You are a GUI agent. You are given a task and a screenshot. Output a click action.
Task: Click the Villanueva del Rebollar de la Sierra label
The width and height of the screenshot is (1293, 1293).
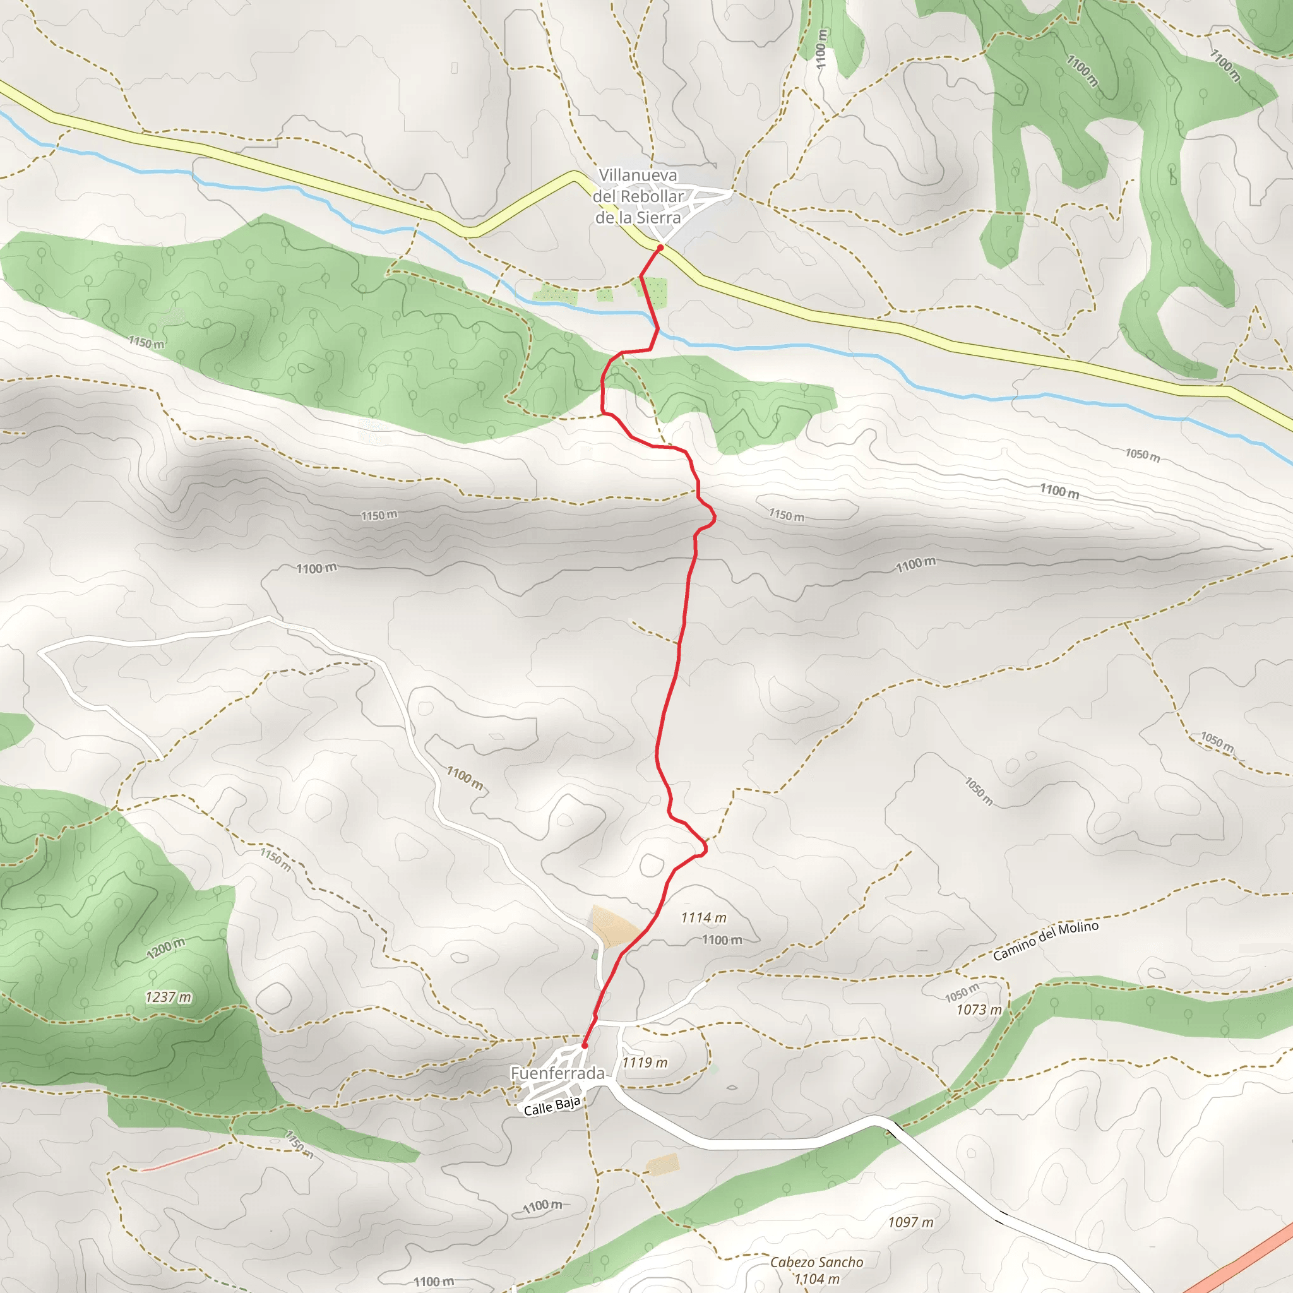638,196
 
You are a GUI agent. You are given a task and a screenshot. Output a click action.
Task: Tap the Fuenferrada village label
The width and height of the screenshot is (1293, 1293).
557,1073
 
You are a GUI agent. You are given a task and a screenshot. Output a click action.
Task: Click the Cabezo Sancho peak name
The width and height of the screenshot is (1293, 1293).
816,1262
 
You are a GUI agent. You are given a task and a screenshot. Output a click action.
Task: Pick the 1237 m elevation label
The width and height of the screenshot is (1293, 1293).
168,997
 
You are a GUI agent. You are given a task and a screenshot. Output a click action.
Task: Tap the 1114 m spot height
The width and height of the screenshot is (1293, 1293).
703,917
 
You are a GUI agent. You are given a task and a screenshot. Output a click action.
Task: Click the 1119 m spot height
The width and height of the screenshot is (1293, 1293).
645,1062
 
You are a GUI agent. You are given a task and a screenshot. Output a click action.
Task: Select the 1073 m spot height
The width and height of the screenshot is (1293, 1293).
979,1010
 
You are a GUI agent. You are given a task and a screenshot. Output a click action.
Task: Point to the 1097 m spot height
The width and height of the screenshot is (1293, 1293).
910,1222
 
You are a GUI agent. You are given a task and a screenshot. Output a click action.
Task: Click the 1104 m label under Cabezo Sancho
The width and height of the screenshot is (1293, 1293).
816,1279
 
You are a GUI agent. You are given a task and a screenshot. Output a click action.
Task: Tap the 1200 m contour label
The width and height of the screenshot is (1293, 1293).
165,948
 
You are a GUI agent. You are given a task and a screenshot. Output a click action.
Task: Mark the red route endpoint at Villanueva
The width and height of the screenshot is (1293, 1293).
660,247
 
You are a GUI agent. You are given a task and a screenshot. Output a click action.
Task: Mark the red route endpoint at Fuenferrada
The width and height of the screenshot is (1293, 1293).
584,1046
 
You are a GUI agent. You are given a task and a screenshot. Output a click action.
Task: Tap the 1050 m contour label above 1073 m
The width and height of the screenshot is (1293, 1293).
962,992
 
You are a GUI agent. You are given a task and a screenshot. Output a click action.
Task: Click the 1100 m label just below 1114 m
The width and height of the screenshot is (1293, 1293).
722,939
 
